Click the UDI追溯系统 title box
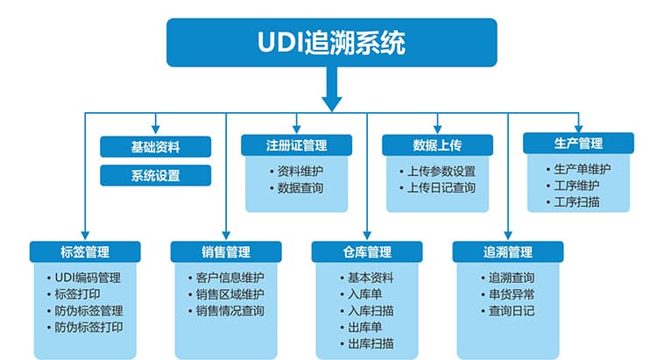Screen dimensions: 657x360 [331, 42]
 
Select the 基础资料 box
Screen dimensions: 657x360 [155, 146]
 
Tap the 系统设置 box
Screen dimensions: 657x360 [155, 175]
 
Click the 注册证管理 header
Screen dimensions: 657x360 [296, 145]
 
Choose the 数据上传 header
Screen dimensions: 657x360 [437, 145]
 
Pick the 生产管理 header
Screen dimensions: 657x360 [578, 144]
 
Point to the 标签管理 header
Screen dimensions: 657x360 [85, 252]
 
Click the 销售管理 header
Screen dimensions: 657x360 [226, 252]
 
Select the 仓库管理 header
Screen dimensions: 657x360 [367, 252]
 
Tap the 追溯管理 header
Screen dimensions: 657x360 [508, 252]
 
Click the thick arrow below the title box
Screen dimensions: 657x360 [332, 88]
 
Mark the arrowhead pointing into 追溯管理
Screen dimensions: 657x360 [508, 235]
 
